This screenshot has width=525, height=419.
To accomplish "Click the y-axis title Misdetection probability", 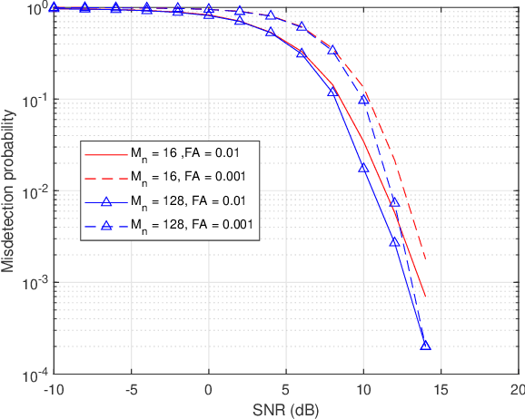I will (11, 191).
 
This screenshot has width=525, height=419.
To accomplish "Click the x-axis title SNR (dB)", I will (286, 408).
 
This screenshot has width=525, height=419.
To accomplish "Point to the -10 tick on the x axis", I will (54, 389).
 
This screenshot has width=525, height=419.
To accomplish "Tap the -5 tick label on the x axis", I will (131, 389).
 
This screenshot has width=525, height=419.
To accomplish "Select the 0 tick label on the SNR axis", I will (209, 389).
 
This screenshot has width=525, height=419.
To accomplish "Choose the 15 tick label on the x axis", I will (440, 389).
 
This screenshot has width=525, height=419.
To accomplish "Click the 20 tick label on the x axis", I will (516, 389).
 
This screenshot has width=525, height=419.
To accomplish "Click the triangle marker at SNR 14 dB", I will (425, 346).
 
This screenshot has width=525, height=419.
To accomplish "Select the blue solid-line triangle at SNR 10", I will (363, 168).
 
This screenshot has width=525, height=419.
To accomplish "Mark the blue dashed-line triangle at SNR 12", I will (394, 202).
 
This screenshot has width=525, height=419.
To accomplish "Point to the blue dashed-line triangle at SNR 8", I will (332, 51).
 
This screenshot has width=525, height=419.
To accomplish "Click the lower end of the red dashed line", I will (425, 260).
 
